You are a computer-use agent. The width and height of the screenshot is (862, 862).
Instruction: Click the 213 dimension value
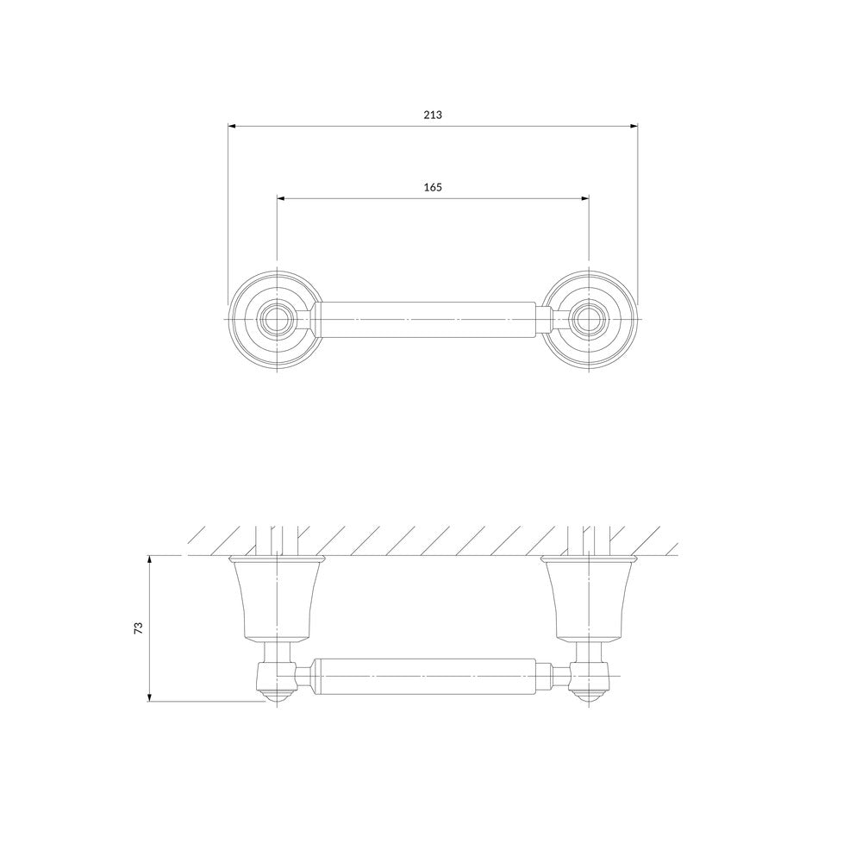pos(433,115)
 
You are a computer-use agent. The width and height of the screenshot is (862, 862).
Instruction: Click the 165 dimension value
pos(433,187)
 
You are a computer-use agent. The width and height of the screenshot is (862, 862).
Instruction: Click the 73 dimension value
pos(139,628)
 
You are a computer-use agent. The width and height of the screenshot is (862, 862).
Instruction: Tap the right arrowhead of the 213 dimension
pos(634,127)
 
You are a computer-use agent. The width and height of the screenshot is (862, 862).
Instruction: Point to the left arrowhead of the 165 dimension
pos(280,198)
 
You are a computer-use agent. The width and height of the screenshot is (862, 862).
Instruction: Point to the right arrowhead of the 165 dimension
pos(585,198)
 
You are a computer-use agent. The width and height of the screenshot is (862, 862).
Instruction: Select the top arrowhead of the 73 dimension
pos(149,559)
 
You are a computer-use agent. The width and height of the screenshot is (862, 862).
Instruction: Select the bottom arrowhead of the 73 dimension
pos(149,698)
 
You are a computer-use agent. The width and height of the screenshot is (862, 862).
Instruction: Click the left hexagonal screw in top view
pos(277,320)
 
